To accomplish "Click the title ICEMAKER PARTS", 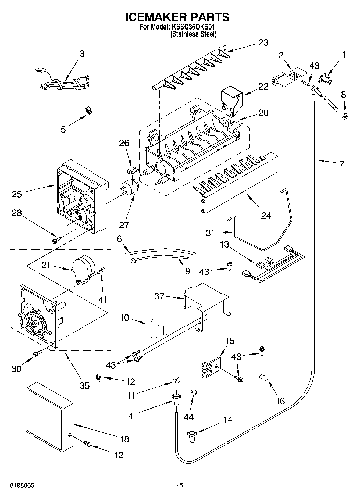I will pos(177,17).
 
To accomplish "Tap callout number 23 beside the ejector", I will pos(263,42).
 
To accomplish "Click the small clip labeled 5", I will pos(87,110).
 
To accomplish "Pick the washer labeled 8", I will pos(345,116).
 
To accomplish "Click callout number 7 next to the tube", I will pos(341,164).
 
